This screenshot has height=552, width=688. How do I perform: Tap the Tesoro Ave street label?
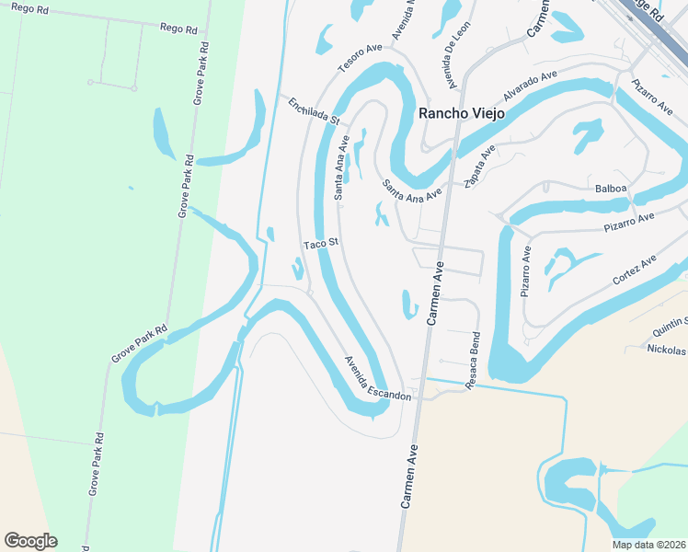coord(359,57)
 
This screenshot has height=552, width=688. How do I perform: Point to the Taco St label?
coord(323,244)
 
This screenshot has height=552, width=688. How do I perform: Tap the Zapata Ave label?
coord(480,165)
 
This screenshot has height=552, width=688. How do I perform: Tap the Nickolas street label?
coord(666,351)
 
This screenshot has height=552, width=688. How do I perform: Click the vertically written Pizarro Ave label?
coord(526,270)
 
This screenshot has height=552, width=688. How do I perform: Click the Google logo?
coord(30,541)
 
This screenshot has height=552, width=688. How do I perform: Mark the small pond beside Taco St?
coord(297,269)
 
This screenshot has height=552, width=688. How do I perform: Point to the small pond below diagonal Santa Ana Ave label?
coord(381,214)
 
